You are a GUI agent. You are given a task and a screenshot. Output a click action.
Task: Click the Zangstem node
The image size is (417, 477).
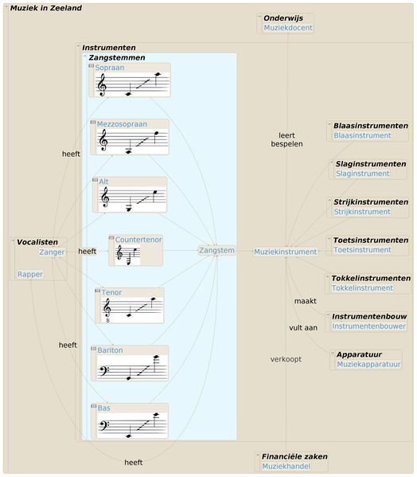point(216,250)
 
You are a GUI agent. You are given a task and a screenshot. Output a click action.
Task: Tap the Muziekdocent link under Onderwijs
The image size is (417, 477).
point(288,28)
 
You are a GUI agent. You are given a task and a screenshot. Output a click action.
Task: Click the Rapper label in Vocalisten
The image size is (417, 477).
point(30,274)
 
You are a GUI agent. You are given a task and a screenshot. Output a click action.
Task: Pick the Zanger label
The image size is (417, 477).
point(52,252)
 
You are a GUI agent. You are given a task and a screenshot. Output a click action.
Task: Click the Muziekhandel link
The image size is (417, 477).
point(286,467)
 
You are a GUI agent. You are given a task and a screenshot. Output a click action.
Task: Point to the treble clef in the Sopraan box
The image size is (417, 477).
point(102,85)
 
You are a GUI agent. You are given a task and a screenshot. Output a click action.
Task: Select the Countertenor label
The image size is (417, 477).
point(138,240)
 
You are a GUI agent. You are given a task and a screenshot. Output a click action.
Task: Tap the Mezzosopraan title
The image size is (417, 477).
point(122,124)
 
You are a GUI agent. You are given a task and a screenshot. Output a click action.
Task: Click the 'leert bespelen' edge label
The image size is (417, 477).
point(286,139)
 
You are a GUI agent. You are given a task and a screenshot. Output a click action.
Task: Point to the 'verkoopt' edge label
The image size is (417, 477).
point(286,359)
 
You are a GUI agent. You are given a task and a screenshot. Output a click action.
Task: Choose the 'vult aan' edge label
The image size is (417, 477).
point(303,328)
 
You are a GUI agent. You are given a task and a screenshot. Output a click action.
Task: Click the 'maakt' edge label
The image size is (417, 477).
point(305,301)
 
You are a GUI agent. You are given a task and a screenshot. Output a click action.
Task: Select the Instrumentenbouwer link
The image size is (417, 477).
point(368,326)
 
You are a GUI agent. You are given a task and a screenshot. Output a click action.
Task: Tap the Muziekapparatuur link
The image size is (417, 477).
point(368,365)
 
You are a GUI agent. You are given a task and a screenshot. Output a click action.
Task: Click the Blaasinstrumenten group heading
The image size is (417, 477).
point(371,126)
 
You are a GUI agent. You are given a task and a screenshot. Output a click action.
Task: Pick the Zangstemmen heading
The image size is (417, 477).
point(117,57)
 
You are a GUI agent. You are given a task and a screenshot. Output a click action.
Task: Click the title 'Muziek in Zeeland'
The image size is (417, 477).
point(46,8)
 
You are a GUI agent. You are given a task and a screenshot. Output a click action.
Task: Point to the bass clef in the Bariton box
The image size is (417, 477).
point(104,371)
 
